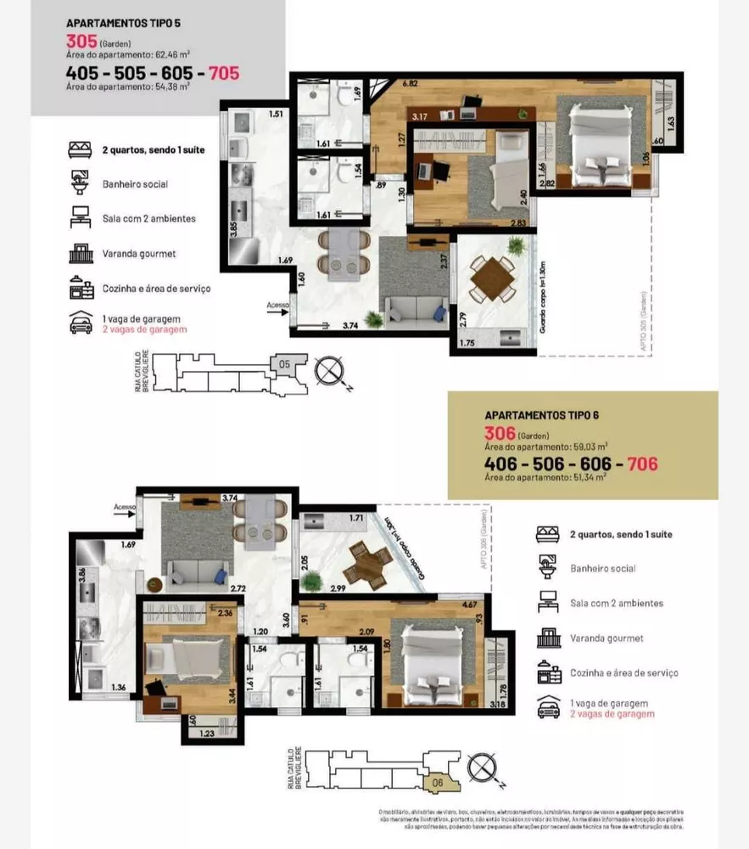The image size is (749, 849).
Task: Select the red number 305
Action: tap(81, 42)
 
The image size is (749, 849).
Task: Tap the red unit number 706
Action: tap(637, 464)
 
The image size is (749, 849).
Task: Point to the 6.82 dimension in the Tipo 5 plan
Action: tap(410, 83)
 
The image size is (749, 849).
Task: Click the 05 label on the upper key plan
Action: tap(284, 364)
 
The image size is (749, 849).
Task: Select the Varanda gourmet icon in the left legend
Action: tap(81, 253)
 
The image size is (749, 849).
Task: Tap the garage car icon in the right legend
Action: tap(548, 708)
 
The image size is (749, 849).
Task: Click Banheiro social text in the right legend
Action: tap(602, 568)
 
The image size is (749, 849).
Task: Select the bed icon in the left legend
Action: tap(81, 149)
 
